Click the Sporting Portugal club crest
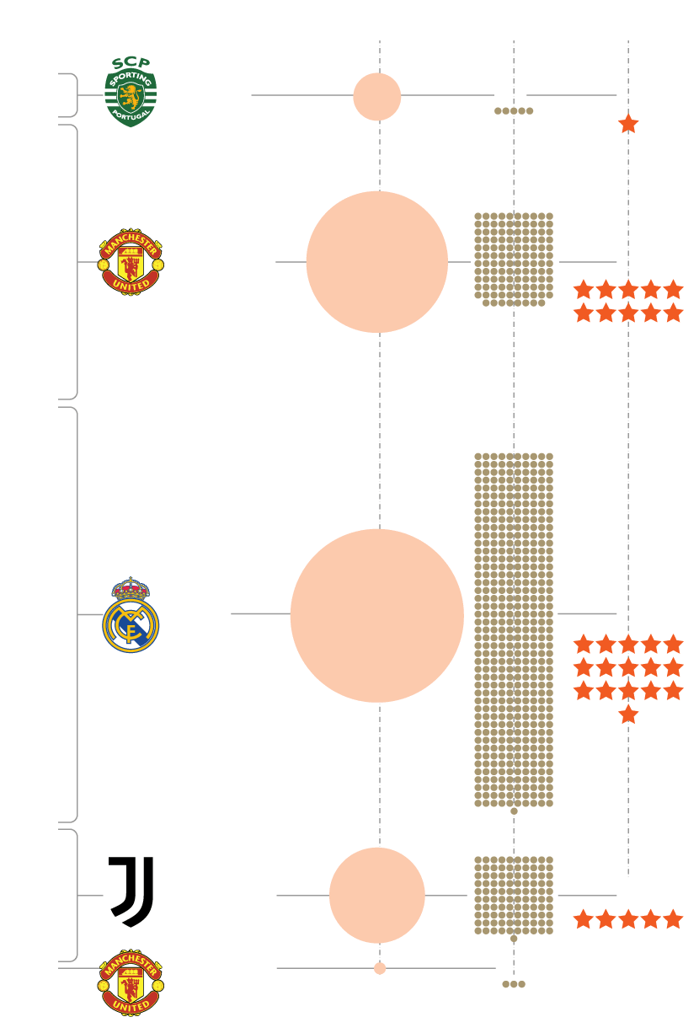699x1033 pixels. tap(131, 95)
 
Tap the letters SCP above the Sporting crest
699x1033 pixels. tap(131, 62)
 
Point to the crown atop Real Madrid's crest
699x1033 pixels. tap(131, 587)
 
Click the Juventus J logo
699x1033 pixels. tap(131, 892)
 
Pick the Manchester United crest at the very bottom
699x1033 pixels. tap(131, 982)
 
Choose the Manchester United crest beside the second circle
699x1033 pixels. tap(131, 262)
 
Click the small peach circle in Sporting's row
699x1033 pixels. tap(377, 97)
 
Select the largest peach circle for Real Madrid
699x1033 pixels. tap(377, 616)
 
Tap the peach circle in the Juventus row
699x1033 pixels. tap(377, 896)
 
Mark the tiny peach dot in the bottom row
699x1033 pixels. tap(380, 968)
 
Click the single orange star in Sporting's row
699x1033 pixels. tap(628, 124)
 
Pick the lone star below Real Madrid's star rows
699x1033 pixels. tap(628, 715)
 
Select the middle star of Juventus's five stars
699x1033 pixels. tap(628, 919)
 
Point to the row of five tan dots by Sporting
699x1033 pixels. tap(514, 110)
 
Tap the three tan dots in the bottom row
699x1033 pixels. tap(514, 984)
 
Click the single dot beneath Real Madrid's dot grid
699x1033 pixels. tap(514, 811)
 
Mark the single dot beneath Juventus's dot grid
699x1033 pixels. tap(514, 938)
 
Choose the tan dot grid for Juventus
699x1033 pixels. tap(514, 895)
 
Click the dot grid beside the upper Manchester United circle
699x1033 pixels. tap(514, 259)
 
